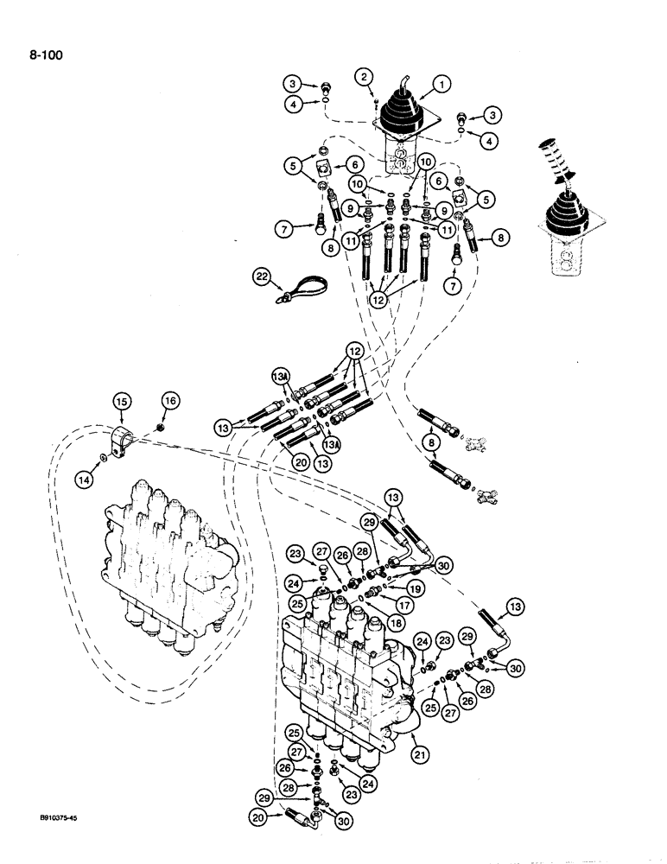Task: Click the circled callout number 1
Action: click(441, 85)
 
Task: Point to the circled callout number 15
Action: click(121, 400)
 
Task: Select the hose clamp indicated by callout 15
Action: click(124, 436)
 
